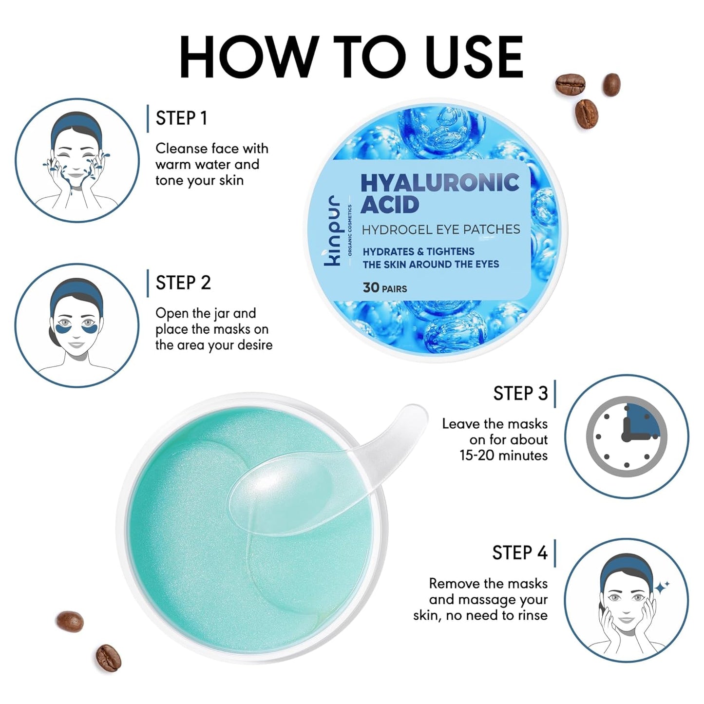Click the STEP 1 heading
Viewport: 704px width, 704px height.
[x=181, y=118]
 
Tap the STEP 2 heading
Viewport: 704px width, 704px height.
[x=183, y=283]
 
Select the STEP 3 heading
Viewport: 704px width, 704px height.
[x=520, y=394]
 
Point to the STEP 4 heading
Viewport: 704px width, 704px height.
[x=519, y=553]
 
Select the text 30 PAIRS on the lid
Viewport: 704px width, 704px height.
[x=384, y=288]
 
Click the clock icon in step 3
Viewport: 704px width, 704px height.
[x=626, y=437]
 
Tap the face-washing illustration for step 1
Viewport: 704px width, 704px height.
[x=76, y=161]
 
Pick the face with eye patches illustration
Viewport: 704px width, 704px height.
[x=76, y=325]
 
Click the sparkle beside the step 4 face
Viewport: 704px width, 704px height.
[x=662, y=587]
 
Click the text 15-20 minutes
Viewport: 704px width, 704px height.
[x=503, y=456]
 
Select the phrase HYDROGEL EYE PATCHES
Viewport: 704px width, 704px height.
[x=440, y=229]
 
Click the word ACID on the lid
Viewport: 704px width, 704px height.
[x=389, y=205]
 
